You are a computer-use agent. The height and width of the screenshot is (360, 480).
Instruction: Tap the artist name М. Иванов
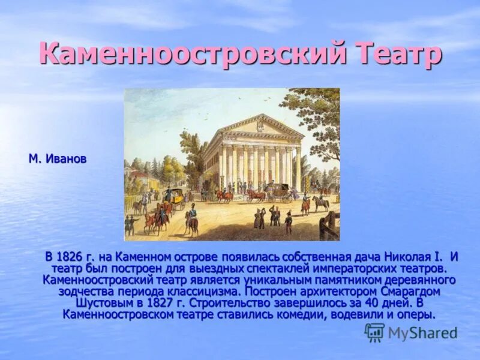pos(58,159)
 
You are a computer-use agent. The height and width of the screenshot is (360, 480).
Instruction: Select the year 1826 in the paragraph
pos(74,257)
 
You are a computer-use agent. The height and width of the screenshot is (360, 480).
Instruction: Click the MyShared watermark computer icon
pos(374,332)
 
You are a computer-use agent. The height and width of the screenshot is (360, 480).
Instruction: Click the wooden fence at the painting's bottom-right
pos(329,227)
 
